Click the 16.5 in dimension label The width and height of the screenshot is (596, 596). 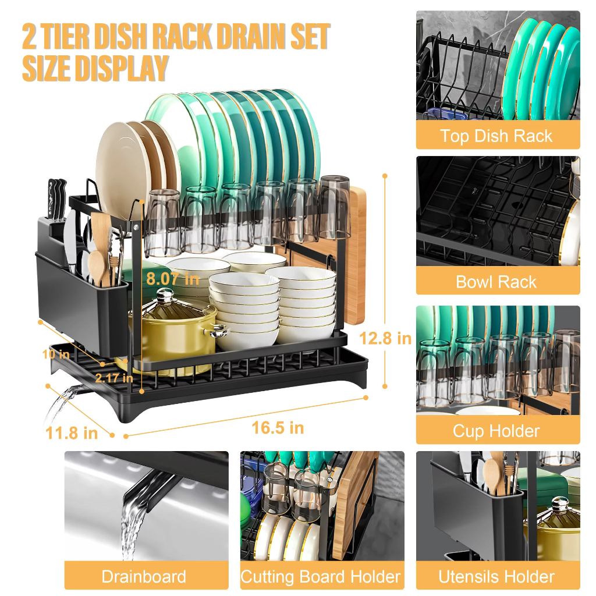pos(278,428)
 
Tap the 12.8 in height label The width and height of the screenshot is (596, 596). pos(385,338)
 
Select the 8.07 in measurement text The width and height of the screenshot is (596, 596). pos(172,278)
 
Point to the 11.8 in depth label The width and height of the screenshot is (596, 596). pos(71,432)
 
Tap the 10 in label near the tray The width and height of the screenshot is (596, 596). pos(56,353)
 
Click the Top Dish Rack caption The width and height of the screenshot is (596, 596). pos(496,136)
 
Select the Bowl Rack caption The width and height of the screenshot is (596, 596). pos(496,282)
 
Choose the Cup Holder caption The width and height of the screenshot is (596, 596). pos(496,431)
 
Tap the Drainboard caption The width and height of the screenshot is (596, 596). pos(144,577)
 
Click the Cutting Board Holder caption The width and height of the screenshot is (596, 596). pos(321,577)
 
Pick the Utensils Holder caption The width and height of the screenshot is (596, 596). pos(496,577)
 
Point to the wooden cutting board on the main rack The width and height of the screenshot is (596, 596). pos(355,256)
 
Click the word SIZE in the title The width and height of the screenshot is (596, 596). pos(49,68)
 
